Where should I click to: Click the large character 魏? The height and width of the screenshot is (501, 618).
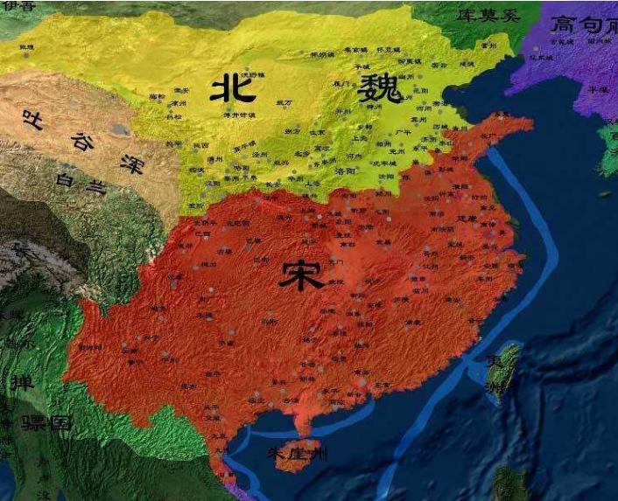tap(379, 89)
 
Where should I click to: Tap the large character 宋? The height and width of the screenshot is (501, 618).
tap(301, 275)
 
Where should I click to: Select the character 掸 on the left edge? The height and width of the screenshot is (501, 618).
tap(19, 382)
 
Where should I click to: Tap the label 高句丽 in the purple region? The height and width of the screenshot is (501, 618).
tap(581, 24)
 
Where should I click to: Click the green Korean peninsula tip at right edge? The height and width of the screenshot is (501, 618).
tap(607, 149)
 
